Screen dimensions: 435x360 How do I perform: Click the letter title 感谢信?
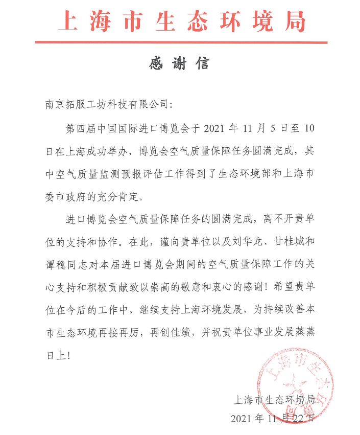[180, 65]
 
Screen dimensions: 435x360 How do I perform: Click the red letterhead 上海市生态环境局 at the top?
[181, 21]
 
